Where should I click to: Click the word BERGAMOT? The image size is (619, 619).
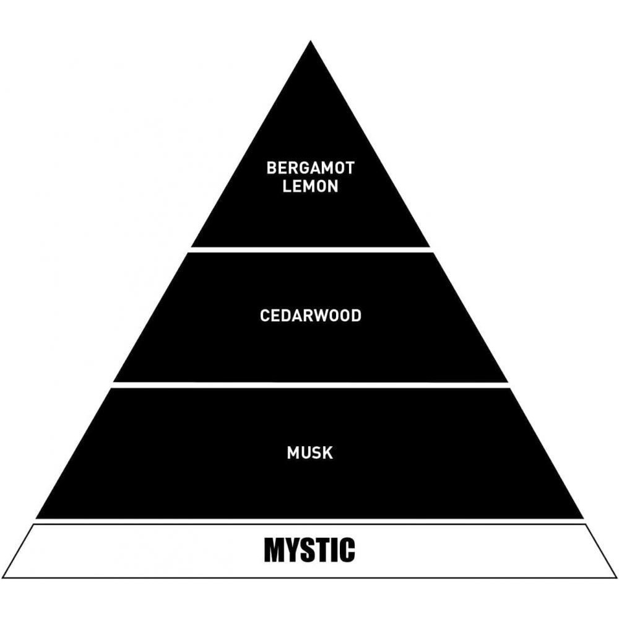click(310, 168)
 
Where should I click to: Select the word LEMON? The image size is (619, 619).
click(310, 186)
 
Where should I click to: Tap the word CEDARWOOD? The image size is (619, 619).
click(310, 316)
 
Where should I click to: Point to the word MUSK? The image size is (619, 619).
click(309, 452)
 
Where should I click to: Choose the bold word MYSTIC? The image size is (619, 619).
click(309, 550)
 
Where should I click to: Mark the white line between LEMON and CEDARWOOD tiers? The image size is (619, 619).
click(310, 249)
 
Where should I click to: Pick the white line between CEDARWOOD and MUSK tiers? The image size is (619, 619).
click(310, 385)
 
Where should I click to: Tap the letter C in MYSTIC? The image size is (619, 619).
click(347, 550)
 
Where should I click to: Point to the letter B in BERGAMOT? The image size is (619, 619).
click(272, 168)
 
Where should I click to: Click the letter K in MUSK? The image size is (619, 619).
click(327, 452)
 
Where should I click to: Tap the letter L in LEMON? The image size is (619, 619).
click(287, 186)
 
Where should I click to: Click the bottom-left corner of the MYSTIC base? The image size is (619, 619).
click(4, 577)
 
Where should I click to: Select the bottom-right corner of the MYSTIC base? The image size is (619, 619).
click(615, 577)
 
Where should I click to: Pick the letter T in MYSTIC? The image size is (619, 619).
click(324, 550)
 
